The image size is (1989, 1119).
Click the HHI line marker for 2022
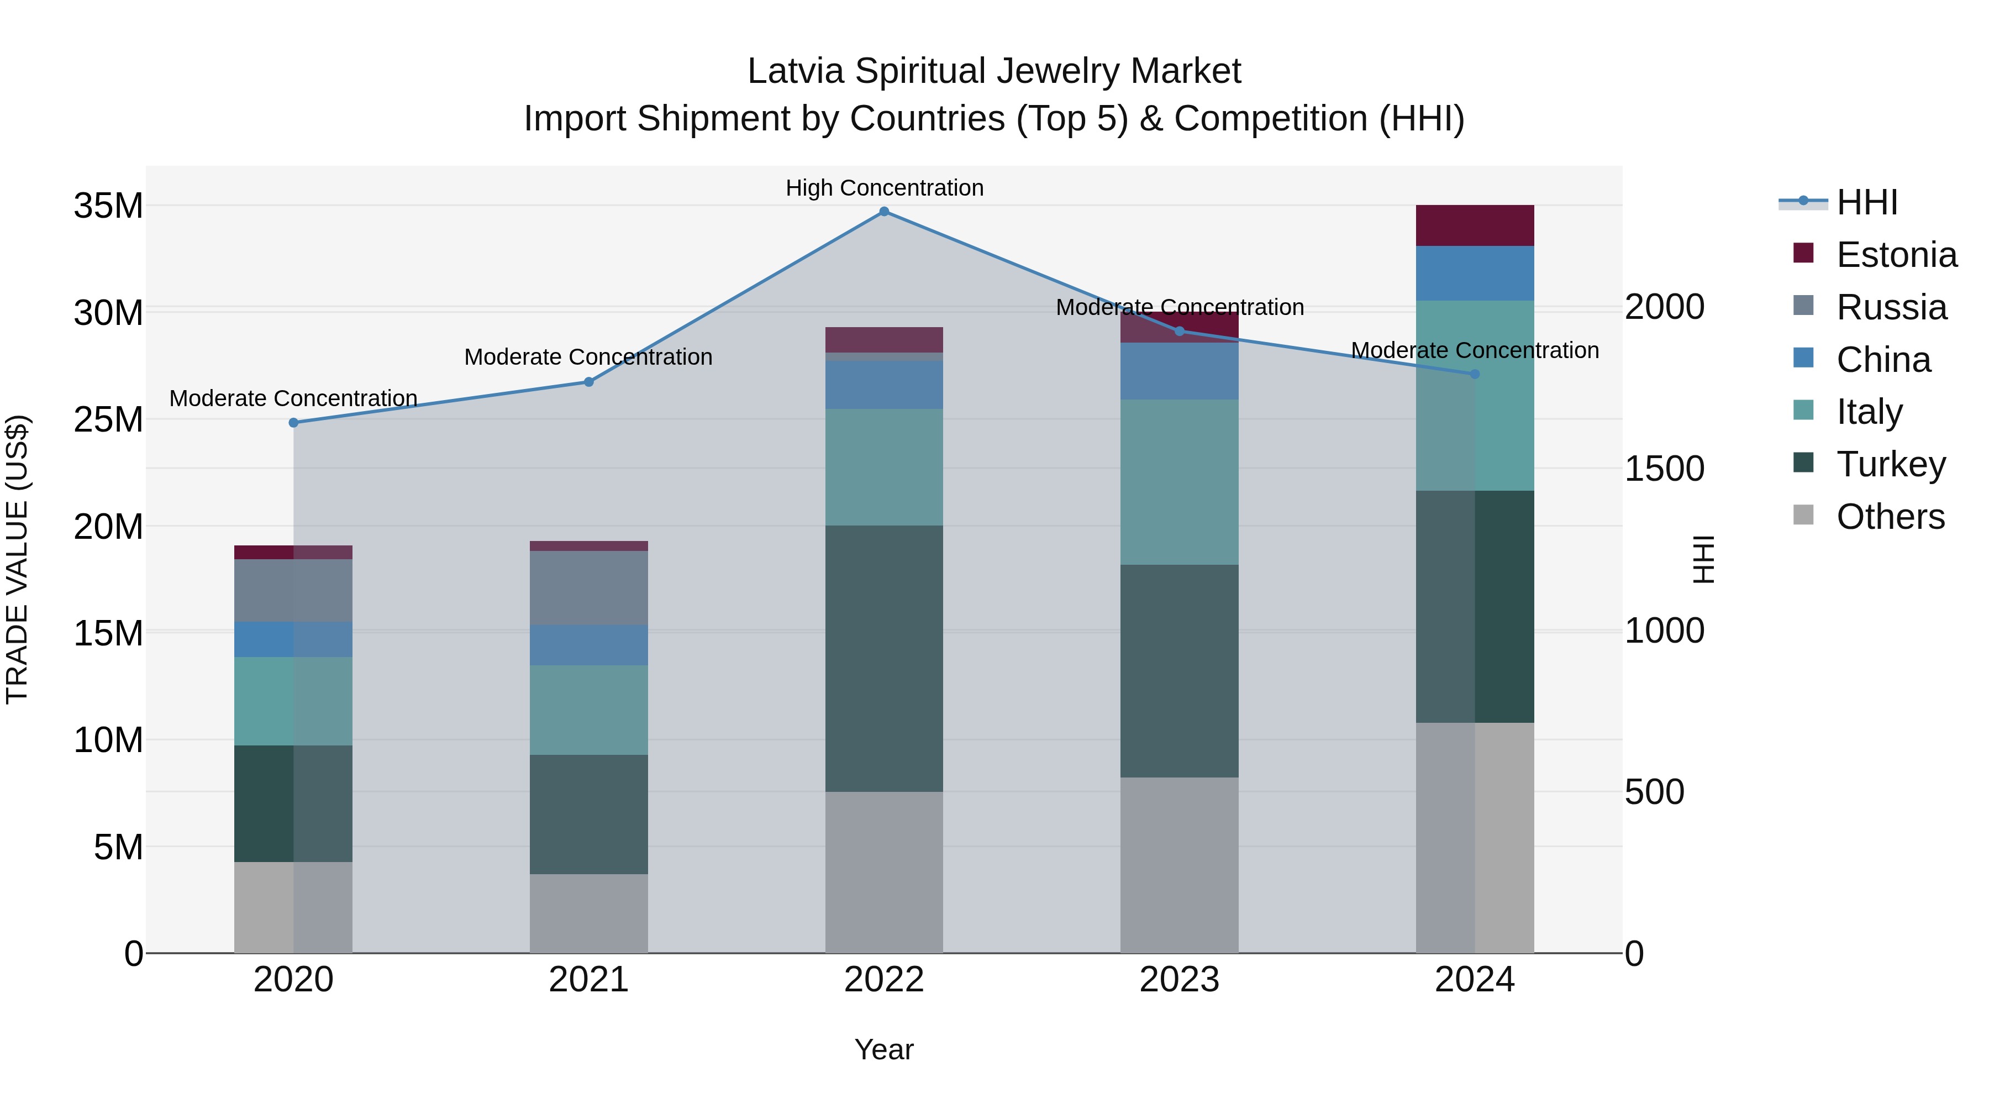click(884, 212)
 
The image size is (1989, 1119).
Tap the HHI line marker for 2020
click(293, 422)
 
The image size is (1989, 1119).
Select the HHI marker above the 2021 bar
click(588, 381)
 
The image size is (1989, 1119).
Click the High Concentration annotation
click(884, 188)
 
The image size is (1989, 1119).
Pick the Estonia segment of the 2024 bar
click(1474, 225)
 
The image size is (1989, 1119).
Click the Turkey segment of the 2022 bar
click(884, 658)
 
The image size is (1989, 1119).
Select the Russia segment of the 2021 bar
click(588, 588)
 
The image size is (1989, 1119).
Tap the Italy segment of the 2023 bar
click(1179, 482)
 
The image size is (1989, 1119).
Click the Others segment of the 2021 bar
click(588, 913)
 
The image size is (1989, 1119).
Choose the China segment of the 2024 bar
click(1474, 274)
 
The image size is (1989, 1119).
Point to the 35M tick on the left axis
click(108, 206)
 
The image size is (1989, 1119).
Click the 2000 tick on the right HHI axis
click(1665, 307)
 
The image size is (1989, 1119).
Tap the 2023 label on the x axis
click(1179, 980)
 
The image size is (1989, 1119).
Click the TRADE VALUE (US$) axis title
click(17, 559)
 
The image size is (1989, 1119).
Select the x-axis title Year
click(884, 1049)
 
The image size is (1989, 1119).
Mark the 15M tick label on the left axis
click(108, 633)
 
